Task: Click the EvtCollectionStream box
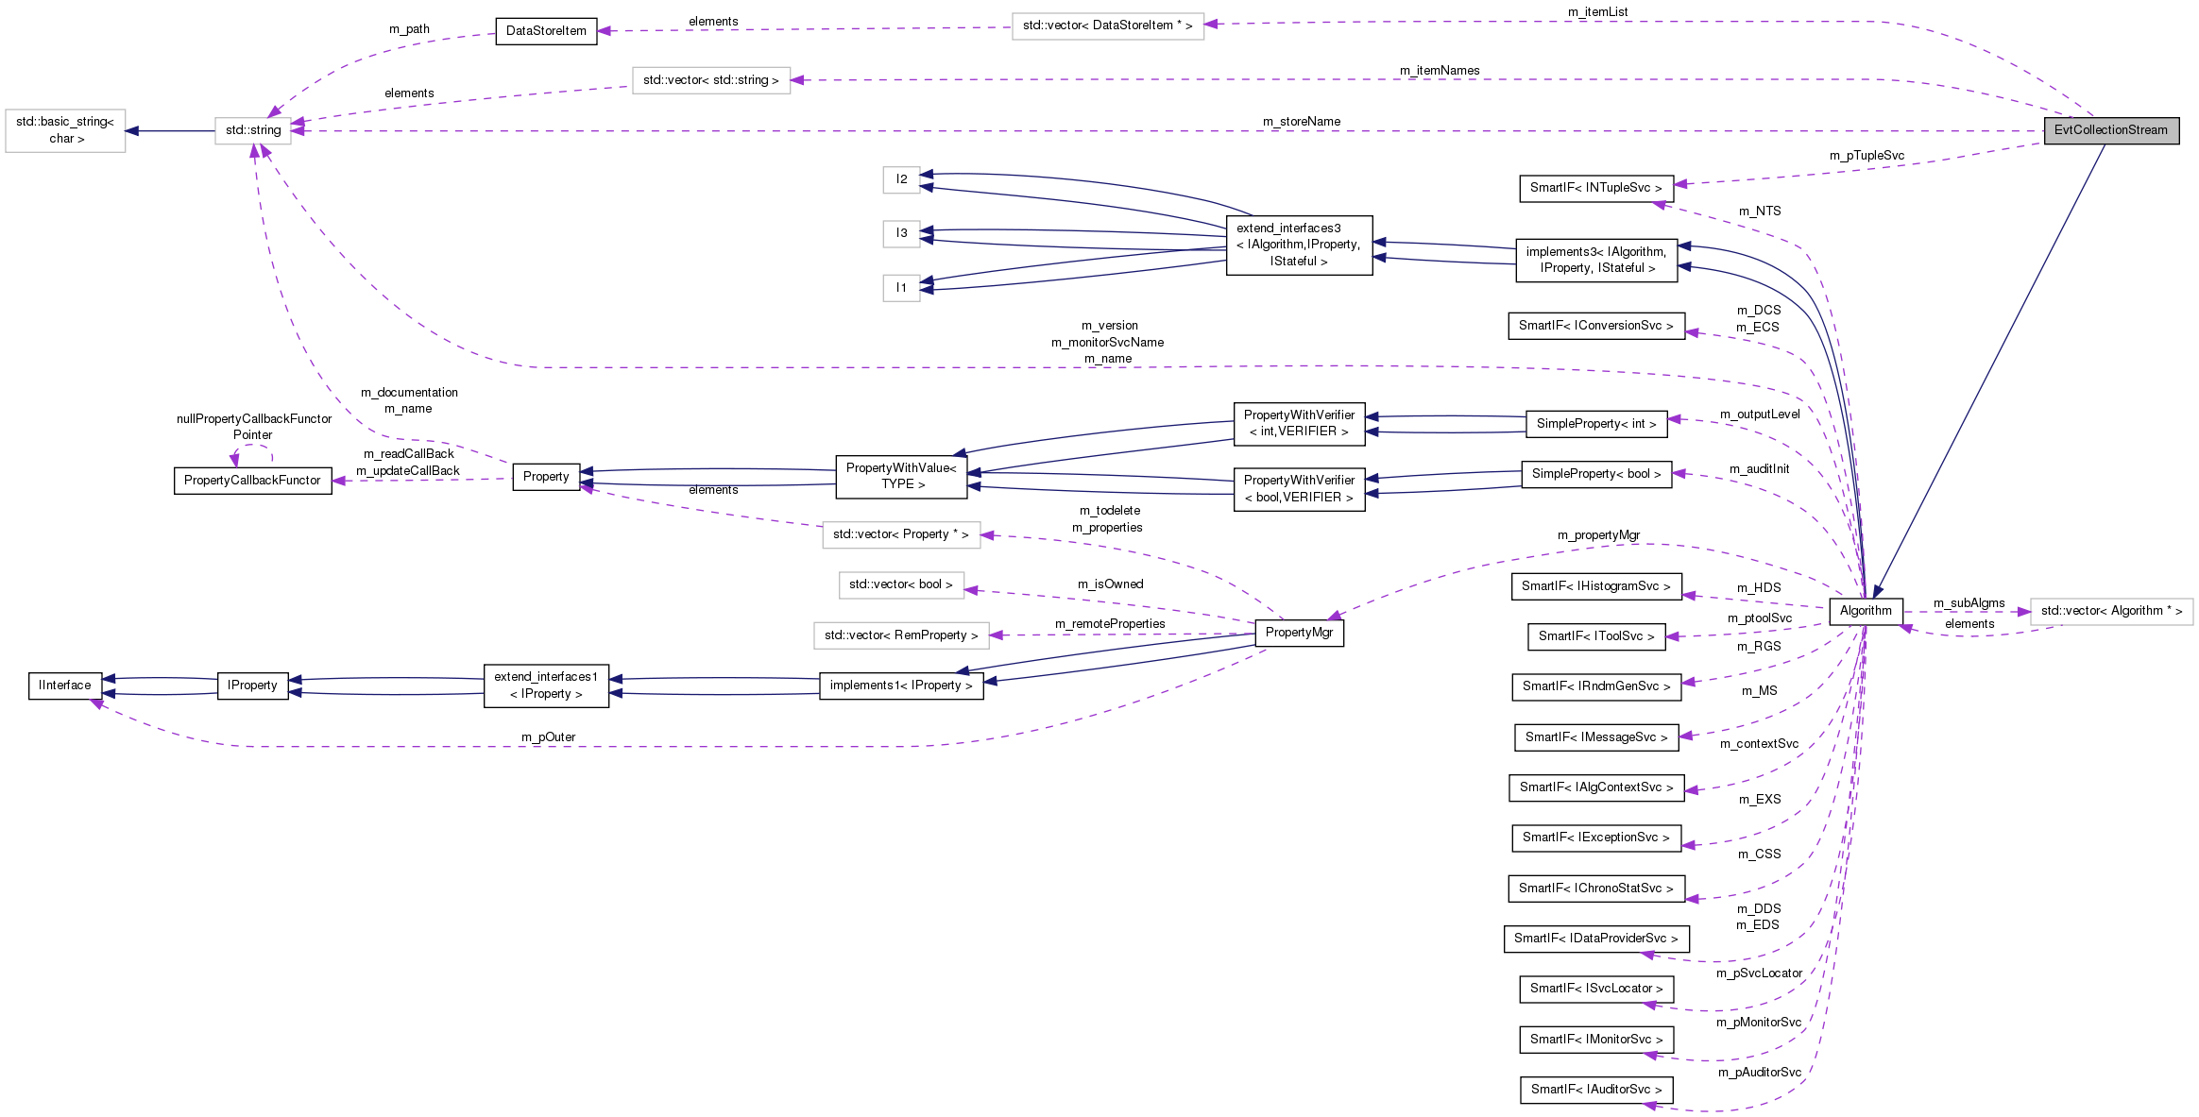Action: point(2110,130)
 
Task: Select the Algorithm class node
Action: point(1865,611)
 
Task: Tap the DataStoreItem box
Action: point(546,31)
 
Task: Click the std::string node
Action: point(253,130)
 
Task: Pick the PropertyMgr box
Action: point(1299,633)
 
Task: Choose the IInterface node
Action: point(65,685)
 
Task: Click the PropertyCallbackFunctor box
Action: point(252,481)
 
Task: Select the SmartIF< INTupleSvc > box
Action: point(1595,188)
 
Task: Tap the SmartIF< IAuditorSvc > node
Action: point(1595,1090)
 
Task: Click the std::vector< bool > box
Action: point(900,584)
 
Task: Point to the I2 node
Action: point(901,179)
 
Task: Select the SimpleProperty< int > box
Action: point(1595,424)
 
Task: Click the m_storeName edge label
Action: point(1301,122)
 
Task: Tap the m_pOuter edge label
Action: point(548,737)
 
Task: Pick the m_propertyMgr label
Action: point(1598,535)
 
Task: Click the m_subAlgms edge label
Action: point(1969,603)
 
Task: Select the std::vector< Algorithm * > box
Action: point(2111,611)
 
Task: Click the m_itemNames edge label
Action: point(1439,71)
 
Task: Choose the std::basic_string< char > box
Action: point(65,130)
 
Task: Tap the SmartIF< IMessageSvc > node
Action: point(1595,737)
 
